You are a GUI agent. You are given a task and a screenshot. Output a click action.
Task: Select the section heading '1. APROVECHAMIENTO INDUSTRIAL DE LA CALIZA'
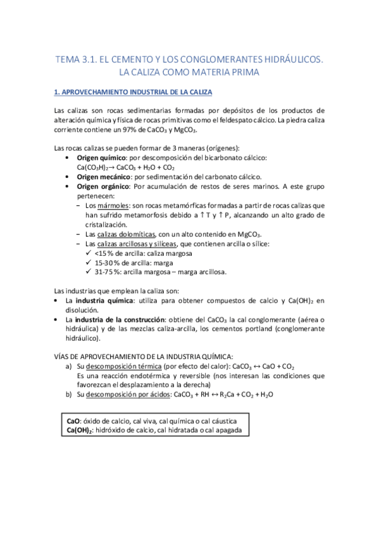pos(134,92)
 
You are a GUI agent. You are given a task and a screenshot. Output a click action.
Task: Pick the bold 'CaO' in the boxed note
pos(73,420)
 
